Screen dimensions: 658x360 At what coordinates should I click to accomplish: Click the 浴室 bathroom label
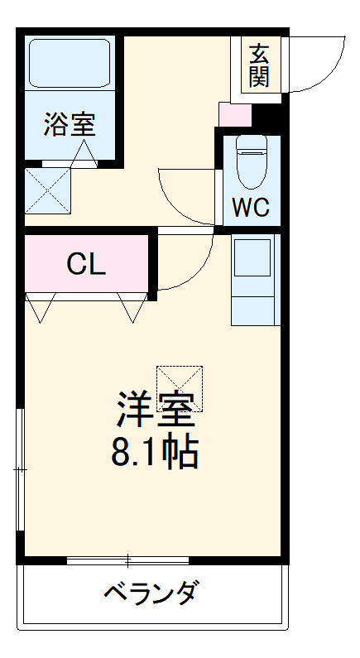pyautogui.click(x=70, y=124)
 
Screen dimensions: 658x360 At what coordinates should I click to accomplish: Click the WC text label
pyautogui.click(x=250, y=207)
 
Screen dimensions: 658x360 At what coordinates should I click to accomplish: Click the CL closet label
pyautogui.click(x=86, y=264)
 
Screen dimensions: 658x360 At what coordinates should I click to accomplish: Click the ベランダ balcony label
pyautogui.click(x=151, y=593)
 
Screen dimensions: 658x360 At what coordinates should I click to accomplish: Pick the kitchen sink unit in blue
pyautogui.click(x=254, y=279)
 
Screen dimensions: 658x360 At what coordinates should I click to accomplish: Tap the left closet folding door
pyautogui.click(x=41, y=308)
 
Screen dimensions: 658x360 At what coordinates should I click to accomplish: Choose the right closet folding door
pyautogui.click(x=132, y=308)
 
